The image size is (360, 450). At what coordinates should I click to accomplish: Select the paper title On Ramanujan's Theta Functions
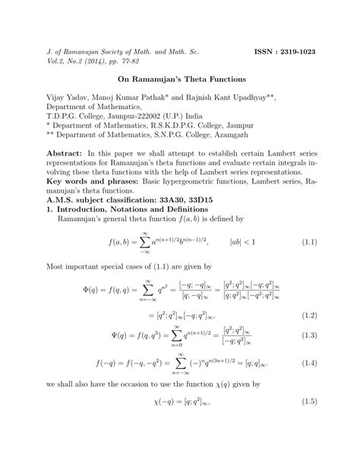pyautogui.click(x=180, y=79)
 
